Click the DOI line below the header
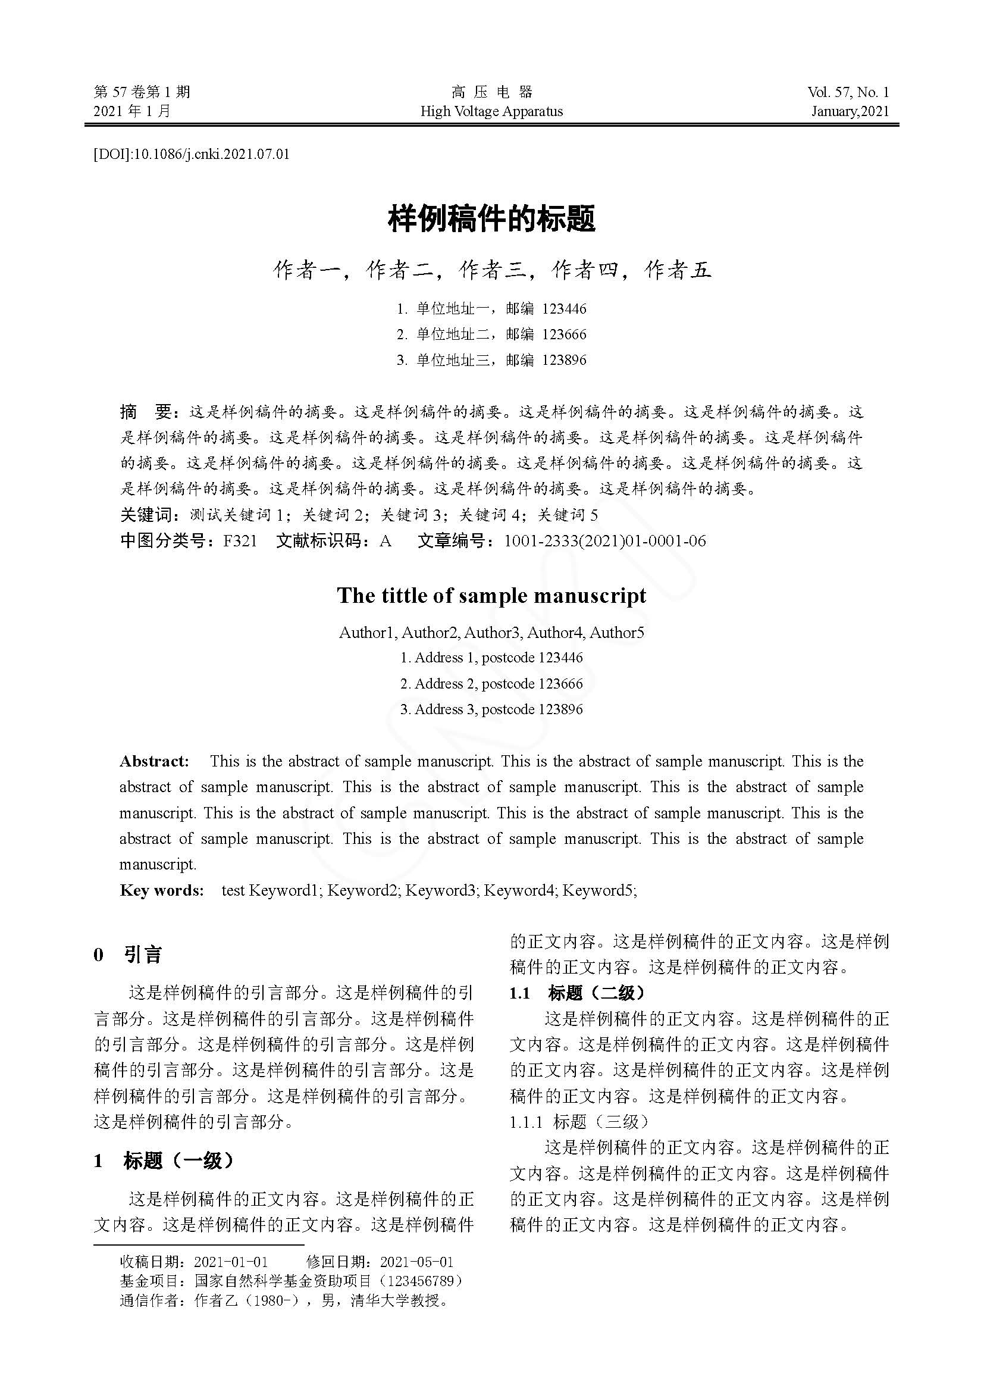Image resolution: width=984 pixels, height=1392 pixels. click(191, 155)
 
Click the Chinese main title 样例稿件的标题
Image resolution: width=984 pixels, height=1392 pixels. click(491, 219)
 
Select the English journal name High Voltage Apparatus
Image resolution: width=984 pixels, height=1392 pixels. click(491, 111)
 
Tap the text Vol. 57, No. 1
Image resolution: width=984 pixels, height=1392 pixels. click(848, 92)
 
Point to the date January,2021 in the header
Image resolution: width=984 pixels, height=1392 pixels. click(850, 111)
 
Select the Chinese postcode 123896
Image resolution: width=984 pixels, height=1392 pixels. click(564, 360)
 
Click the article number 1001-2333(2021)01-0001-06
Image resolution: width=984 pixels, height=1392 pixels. click(604, 541)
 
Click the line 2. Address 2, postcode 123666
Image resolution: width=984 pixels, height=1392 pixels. click(491, 684)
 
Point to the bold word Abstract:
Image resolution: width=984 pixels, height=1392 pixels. click(155, 762)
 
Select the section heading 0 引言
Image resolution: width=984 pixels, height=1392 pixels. click(128, 955)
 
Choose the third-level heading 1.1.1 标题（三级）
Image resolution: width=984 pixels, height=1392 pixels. click(579, 1122)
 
